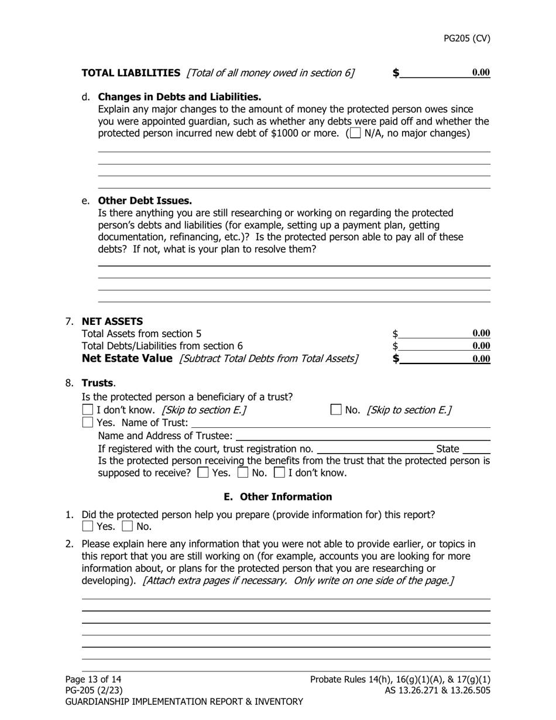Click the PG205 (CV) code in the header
tap(466, 39)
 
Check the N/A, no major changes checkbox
tap(355, 133)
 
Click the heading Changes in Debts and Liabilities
tap(179, 97)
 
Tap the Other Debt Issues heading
tap(145, 200)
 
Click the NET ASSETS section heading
tap(112, 321)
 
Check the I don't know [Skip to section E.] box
tap(88, 410)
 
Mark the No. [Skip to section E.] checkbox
tap(337, 410)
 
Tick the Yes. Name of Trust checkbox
tap(88, 422)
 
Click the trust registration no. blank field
tap(375, 449)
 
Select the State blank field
tap(479, 449)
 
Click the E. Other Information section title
tap(277, 496)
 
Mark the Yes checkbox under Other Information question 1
tap(88, 526)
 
